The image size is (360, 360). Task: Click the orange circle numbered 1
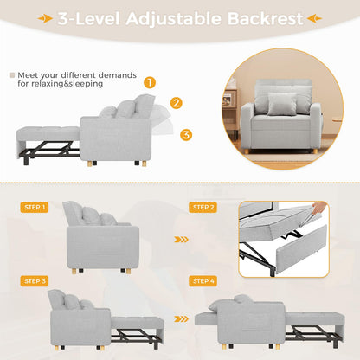tap(150, 83)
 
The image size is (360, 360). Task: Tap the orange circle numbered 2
tap(176, 103)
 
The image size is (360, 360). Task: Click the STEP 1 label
tap(35, 208)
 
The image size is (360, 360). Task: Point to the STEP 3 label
tap(35, 281)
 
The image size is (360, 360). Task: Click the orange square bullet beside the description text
tap(10, 75)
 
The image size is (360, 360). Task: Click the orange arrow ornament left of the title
tap(39, 18)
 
